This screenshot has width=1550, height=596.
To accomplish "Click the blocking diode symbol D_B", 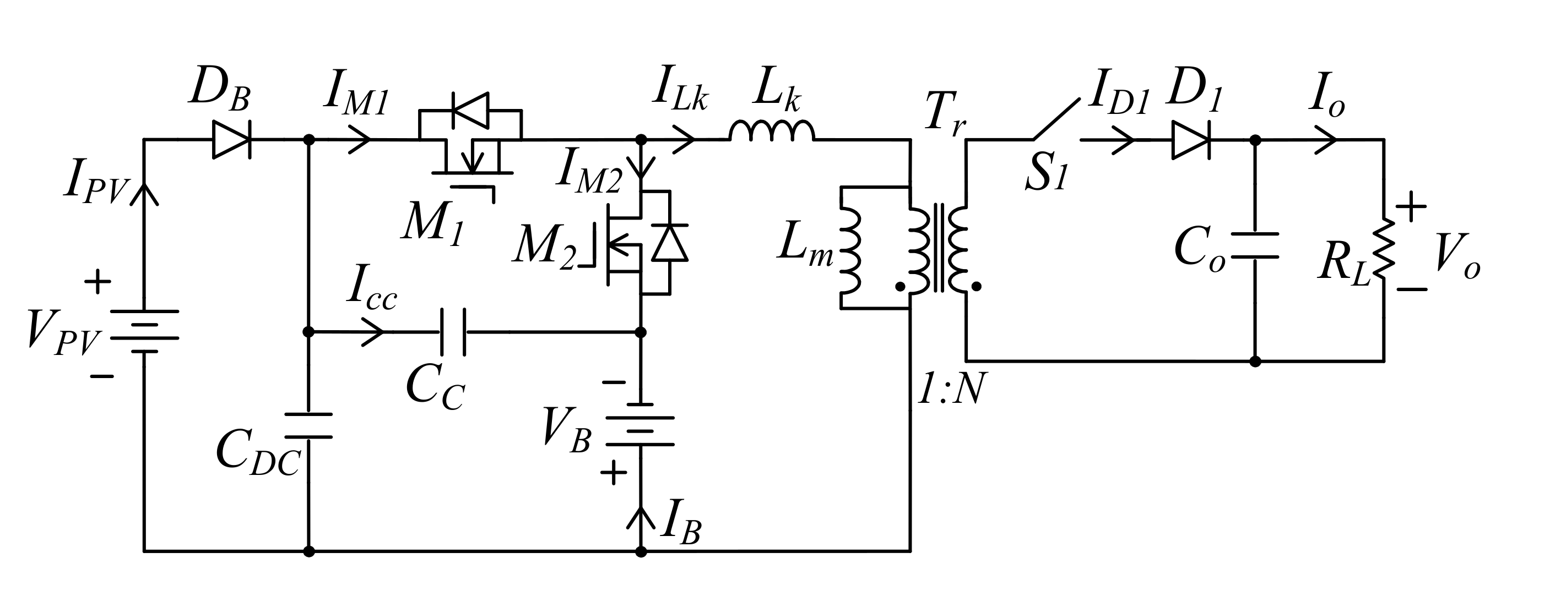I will point(232,140).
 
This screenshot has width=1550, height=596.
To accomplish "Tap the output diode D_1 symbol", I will point(1191,140).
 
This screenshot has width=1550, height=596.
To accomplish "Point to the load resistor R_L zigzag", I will point(1384,250).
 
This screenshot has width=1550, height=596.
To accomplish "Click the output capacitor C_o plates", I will point(1255,245).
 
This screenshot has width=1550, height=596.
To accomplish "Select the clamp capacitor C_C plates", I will point(452,331).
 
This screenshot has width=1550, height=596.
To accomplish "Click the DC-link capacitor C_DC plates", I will point(308,425).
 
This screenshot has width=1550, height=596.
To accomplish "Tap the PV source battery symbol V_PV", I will point(144,331).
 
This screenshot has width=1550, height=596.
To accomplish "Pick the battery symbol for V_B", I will point(640,424).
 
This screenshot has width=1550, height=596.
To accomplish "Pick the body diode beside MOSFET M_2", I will point(670,242).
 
